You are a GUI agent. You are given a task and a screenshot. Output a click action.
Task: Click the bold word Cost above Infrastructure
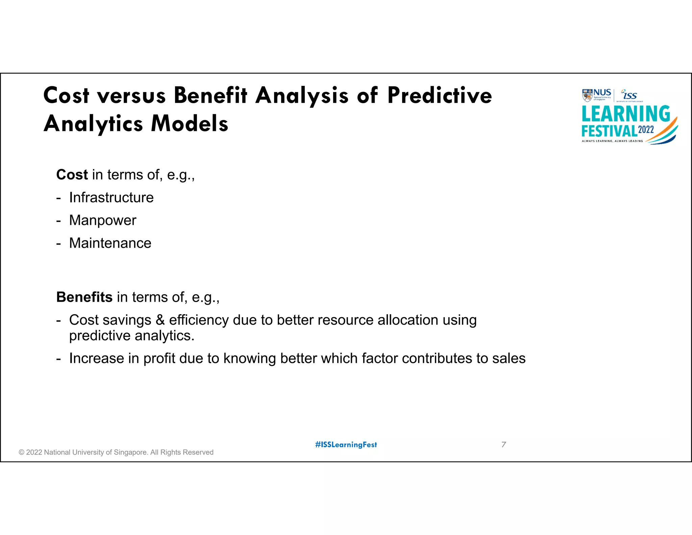coord(72,175)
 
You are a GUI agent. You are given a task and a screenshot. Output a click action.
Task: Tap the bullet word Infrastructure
coord(111,197)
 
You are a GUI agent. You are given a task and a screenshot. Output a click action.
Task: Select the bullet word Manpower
coord(103,220)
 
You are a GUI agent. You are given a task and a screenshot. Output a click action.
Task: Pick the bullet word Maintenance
coord(110,243)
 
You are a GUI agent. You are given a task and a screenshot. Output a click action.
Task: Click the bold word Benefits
coord(84,297)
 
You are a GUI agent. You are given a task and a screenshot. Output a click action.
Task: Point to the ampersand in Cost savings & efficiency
coord(160,320)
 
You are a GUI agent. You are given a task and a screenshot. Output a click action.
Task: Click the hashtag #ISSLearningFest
coord(346,445)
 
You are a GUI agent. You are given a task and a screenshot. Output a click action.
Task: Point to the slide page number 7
coord(503,445)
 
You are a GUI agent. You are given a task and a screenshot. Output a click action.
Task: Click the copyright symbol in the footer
coord(22,452)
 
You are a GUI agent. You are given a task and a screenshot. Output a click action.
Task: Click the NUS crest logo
coord(587,95)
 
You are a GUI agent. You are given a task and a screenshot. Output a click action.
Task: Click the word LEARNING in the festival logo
coord(626,114)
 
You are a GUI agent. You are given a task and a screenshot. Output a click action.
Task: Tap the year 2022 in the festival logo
coord(646,130)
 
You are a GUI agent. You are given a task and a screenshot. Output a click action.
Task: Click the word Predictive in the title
coord(440,95)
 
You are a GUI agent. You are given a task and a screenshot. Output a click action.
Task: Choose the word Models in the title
coord(190,123)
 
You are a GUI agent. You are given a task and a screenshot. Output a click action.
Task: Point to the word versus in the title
coord(131,95)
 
